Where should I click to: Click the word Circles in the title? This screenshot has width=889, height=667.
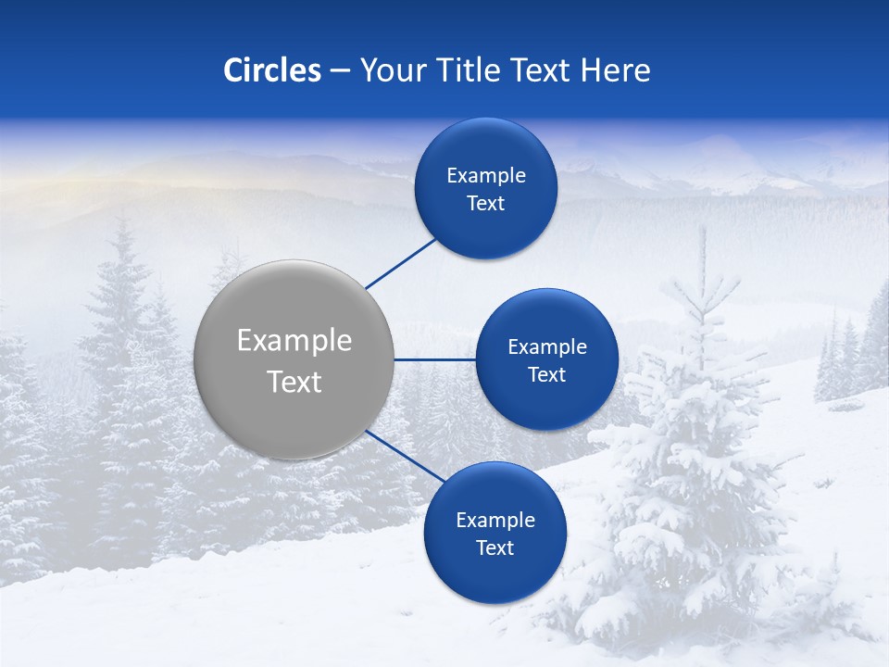click(272, 70)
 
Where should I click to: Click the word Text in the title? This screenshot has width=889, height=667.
click(542, 70)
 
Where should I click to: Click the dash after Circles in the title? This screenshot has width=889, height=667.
click(340, 71)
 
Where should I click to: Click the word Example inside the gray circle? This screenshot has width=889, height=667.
click(294, 340)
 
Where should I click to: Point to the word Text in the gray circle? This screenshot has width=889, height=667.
click(294, 382)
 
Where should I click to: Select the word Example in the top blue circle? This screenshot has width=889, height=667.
click(485, 176)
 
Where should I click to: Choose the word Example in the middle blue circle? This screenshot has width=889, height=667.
click(546, 347)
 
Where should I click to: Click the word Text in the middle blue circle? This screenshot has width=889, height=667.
click(546, 375)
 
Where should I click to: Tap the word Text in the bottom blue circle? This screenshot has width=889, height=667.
click(495, 547)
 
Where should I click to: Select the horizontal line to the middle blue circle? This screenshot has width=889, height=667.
click(435, 359)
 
